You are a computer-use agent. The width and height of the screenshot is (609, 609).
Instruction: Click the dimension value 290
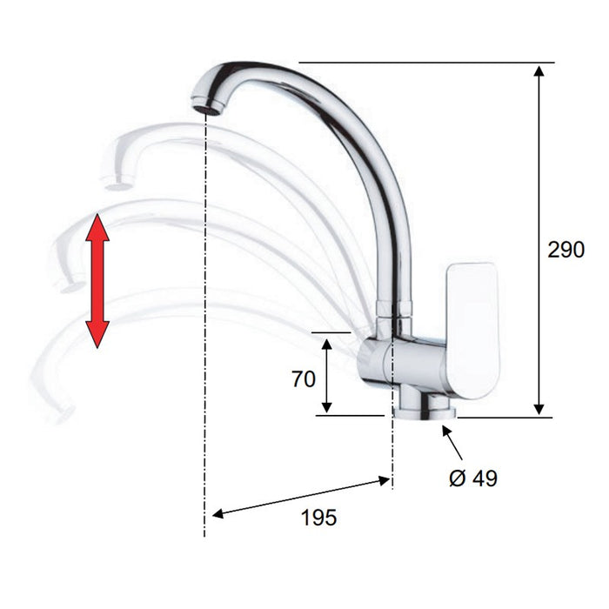click(x=565, y=250)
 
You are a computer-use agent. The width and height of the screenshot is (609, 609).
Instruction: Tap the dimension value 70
click(x=304, y=379)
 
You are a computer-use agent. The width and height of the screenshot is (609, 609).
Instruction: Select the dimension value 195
click(x=319, y=518)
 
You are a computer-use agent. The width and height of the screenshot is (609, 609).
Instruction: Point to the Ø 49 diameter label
click(x=473, y=478)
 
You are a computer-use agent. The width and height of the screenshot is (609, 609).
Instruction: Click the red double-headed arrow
click(x=97, y=280)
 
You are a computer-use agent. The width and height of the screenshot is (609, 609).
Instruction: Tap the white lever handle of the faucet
click(x=472, y=331)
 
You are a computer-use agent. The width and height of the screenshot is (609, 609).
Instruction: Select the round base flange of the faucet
click(x=425, y=413)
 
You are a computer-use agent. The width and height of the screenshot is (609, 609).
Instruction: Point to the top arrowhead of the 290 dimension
click(x=539, y=71)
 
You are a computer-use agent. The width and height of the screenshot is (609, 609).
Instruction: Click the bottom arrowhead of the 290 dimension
click(x=539, y=409)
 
